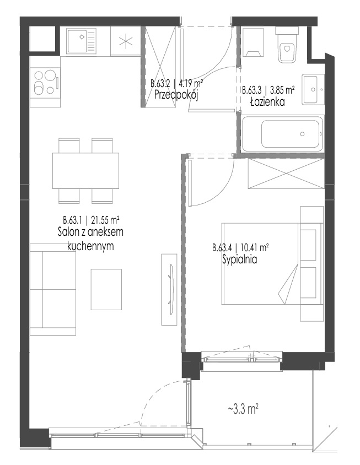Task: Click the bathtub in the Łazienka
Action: click(x=282, y=134)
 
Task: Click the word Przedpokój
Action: click(x=176, y=95)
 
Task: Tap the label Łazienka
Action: click(x=268, y=102)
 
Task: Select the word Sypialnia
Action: click(x=239, y=260)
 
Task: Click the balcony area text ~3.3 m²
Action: click(x=243, y=410)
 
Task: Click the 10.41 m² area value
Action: click(x=255, y=247)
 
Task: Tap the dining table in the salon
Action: click(x=86, y=171)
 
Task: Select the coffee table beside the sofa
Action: click(x=106, y=289)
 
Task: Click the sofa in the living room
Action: click(x=53, y=289)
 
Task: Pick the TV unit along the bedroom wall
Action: click(x=170, y=289)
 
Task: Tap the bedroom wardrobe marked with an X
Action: click(x=285, y=173)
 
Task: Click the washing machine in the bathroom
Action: click(x=253, y=42)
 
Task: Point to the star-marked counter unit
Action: click(x=126, y=41)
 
